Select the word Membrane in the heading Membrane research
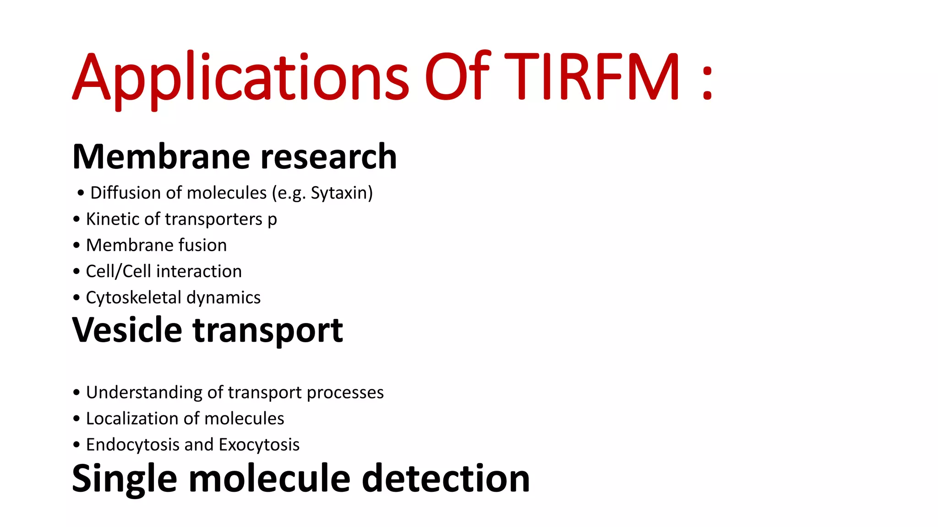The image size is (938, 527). click(x=160, y=157)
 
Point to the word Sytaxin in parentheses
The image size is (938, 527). click(x=338, y=193)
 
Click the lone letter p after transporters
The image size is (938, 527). click(x=272, y=221)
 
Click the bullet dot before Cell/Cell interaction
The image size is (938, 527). click(x=76, y=272)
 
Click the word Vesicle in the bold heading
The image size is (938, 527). click(x=127, y=330)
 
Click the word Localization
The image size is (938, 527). click(x=132, y=419)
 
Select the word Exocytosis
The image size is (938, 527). click(x=259, y=445)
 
